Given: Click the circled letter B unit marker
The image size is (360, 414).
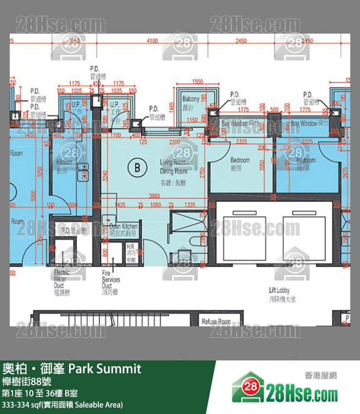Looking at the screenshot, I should tap(137, 169).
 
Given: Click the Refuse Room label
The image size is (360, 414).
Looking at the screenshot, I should tap(216, 321).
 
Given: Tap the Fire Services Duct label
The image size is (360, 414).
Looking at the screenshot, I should tap(110, 282).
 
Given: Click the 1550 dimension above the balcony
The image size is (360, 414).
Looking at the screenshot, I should tap(198, 81).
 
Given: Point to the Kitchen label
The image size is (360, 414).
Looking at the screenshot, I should tap(64, 165).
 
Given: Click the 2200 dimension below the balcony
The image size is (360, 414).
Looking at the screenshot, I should tap(175, 142).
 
